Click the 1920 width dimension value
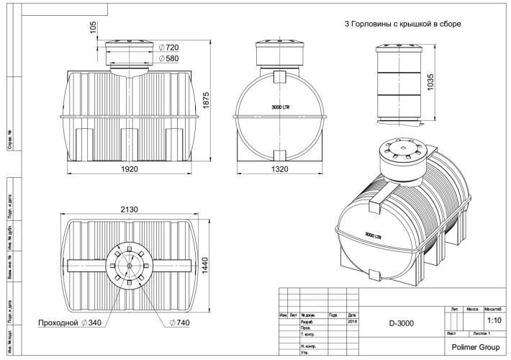pos(130,168)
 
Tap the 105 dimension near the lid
pos(93,27)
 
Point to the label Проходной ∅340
pos(68,323)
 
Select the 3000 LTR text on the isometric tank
pos(372,235)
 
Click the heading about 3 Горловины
pos(403,24)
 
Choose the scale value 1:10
pos(494,320)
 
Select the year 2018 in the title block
pos(352,322)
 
